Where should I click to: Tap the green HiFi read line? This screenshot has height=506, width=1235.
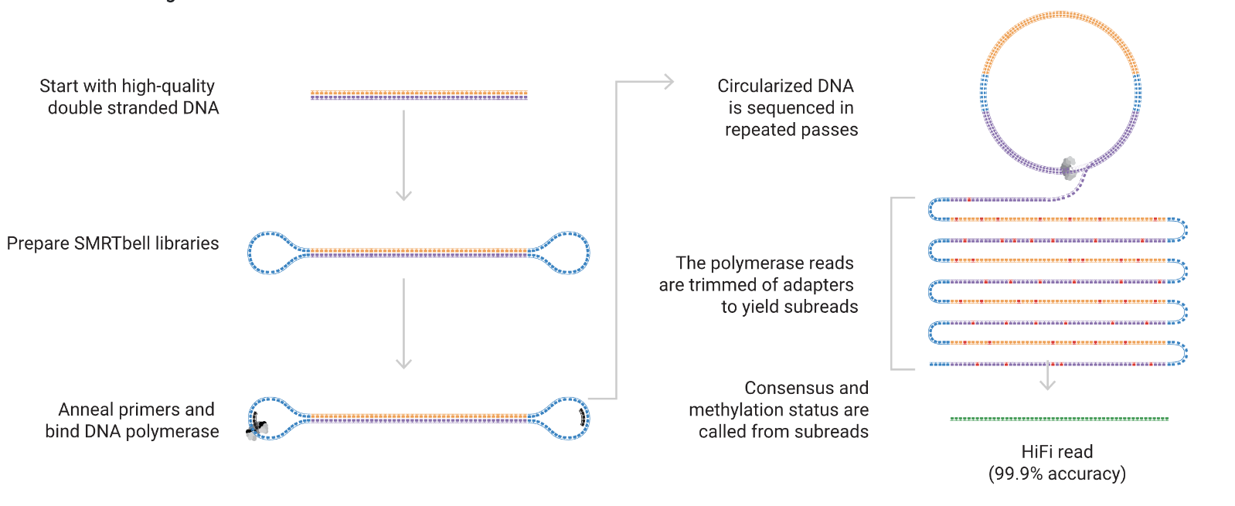pos(1059,419)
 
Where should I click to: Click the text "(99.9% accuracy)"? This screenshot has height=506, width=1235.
pos(1056,474)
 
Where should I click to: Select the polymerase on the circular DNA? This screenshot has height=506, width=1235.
pos(1068,168)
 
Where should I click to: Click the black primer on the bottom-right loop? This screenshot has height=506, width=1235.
pos(582,418)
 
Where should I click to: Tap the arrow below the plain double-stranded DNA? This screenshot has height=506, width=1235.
pos(403,155)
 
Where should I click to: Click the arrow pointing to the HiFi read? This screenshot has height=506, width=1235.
pos(1047,376)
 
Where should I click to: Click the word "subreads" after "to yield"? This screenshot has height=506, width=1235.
pos(821,307)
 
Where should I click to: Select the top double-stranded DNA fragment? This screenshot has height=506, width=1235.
pos(419,96)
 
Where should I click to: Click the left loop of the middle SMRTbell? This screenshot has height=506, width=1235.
pos(269,253)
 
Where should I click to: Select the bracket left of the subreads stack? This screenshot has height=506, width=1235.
pos(893,284)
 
